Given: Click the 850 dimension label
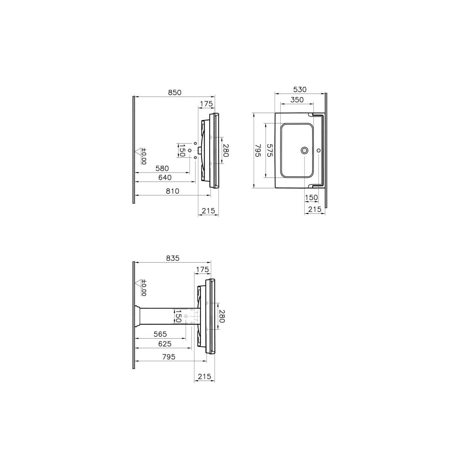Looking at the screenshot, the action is click(175, 92).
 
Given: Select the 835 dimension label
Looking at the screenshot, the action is click(173, 258).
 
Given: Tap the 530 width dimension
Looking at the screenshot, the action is click(300, 89).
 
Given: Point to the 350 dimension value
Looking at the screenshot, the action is click(297, 100).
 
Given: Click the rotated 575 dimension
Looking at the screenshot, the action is click(270, 150).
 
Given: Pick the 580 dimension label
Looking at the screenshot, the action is click(162, 168).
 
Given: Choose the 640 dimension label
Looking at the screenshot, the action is click(165, 178).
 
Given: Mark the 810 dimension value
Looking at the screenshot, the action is click(172, 191).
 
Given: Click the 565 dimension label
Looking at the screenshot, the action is click(160, 334).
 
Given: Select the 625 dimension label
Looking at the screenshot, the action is click(165, 344).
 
